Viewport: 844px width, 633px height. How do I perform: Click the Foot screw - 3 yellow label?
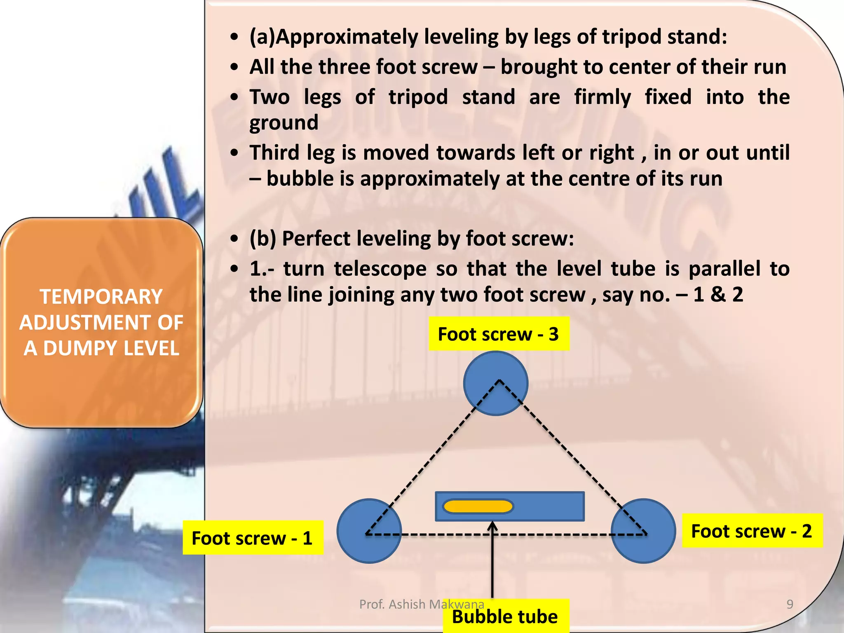pyautogui.click(x=499, y=334)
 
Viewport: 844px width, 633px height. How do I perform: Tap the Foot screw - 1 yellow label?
pyautogui.click(x=253, y=538)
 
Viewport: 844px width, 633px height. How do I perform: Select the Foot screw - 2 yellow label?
pyautogui.click(x=752, y=531)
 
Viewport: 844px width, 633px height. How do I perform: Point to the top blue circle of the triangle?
pyautogui.click(x=496, y=383)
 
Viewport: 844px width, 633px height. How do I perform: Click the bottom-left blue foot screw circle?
pyautogui.click(x=369, y=531)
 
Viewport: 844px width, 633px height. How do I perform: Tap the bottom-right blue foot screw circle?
pyautogui.click(x=643, y=531)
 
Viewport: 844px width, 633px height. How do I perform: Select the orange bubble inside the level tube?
pyautogui.click(x=478, y=506)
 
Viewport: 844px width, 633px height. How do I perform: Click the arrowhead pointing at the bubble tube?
pyautogui.click(x=492, y=526)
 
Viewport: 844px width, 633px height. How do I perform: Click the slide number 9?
pyautogui.click(x=790, y=604)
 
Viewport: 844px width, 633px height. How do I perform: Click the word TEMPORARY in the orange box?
pyautogui.click(x=101, y=297)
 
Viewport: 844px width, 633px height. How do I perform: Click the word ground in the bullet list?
pyautogui.click(x=284, y=123)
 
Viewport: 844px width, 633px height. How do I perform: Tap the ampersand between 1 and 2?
pyautogui.click(x=717, y=295)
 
